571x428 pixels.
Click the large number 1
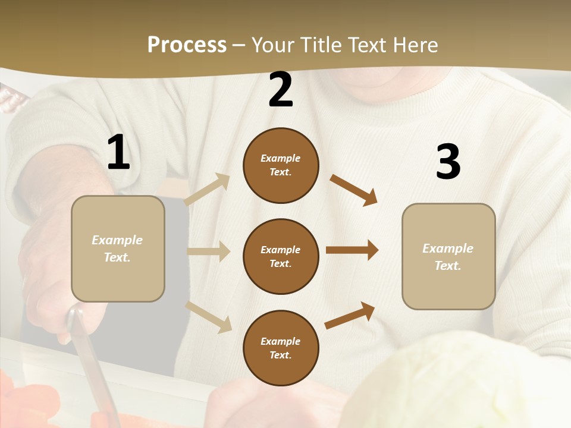tap(118, 153)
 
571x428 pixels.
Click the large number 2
tap(281, 90)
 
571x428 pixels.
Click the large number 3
tap(448, 162)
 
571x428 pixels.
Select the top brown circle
tap(281, 165)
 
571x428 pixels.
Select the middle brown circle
tap(281, 256)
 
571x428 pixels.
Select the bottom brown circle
tap(281, 348)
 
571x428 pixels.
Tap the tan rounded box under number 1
tap(118, 248)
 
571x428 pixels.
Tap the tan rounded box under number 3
tap(448, 257)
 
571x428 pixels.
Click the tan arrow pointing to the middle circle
tap(209, 251)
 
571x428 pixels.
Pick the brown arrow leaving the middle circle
tap(352, 250)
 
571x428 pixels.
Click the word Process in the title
tap(187, 45)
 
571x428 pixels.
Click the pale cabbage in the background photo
tap(452, 386)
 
